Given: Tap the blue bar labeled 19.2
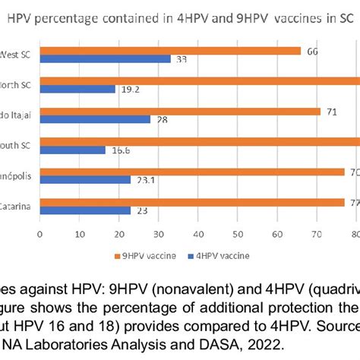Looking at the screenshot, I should pyautogui.click(x=77, y=89).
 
